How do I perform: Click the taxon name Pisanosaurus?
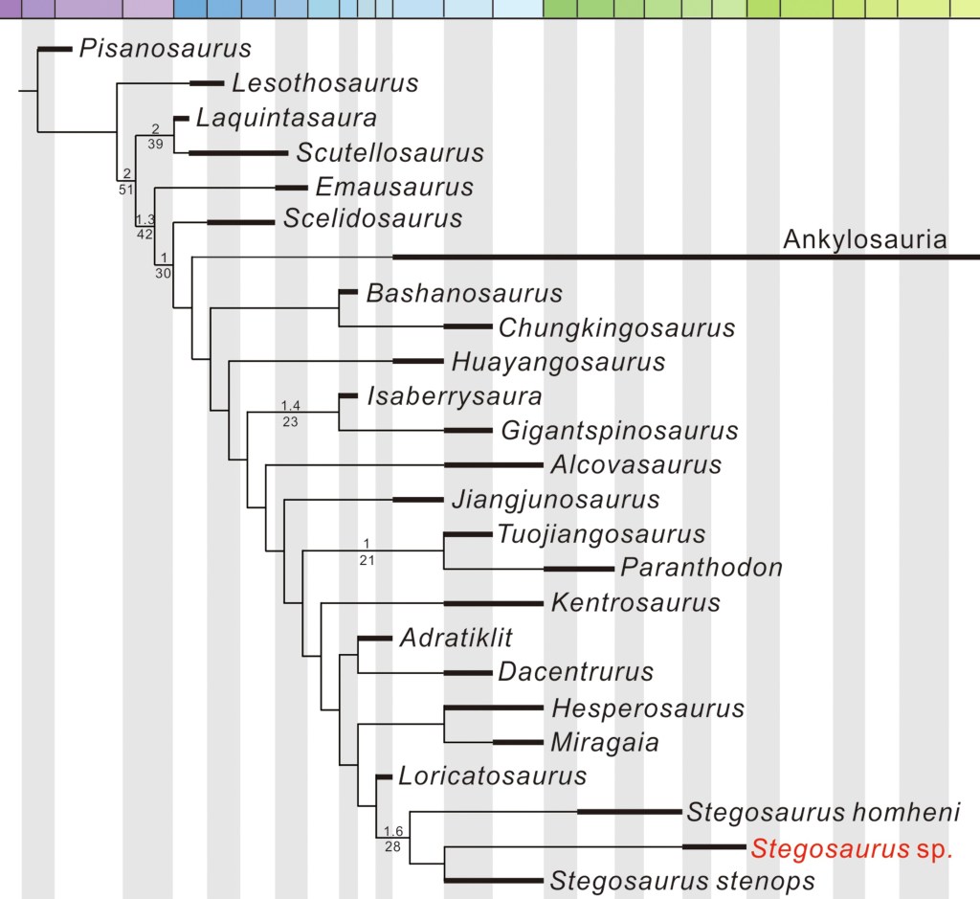coord(165,48)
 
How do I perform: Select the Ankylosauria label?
coord(864,239)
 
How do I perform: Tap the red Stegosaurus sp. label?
coord(852,848)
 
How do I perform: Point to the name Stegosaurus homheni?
coord(823,814)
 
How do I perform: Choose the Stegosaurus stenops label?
coord(682,881)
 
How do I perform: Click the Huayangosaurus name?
coord(558,362)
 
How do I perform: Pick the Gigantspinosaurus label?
coord(619,431)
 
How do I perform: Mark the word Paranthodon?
coord(702,568)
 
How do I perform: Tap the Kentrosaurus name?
coord(635,603)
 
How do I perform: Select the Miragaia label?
coord(604,742)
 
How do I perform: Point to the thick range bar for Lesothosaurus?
coord(206,83)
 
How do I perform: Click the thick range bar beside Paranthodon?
coord(579,569)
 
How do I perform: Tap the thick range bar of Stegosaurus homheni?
coord(628,812)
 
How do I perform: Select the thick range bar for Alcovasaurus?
coord(494,465)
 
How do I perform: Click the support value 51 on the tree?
coord(125,190)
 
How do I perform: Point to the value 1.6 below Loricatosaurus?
coord(392,831)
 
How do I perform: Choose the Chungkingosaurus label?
coord(616,328)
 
